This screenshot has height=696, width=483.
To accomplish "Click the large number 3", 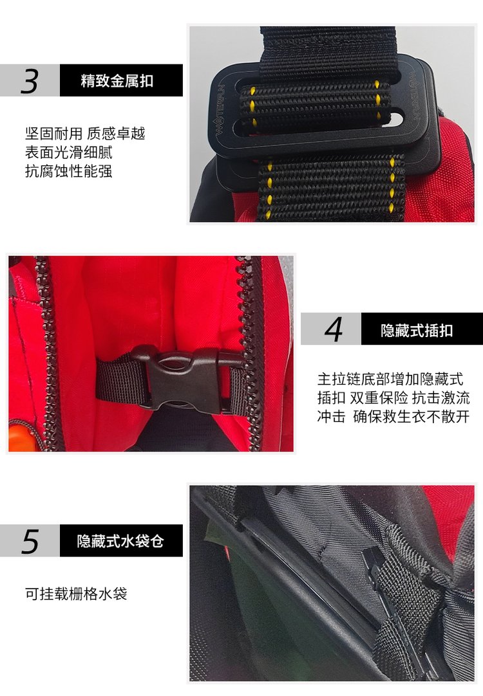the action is click(30, 81).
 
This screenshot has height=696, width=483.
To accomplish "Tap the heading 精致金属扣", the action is click(117, 81).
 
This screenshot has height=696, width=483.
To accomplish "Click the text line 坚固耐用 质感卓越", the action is click(85, 133).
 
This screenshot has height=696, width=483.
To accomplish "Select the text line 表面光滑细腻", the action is click(69, 152).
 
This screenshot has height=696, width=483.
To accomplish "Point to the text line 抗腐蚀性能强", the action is click(69, 171).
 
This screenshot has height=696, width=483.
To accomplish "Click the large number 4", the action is click(334, 329).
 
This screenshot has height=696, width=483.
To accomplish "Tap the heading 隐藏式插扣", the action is click(417, 330).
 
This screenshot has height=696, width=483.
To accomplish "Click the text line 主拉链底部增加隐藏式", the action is click(390, 379).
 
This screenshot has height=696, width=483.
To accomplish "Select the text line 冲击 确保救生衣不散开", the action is click(393, 416).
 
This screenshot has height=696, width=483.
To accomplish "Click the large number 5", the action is click(30, 541).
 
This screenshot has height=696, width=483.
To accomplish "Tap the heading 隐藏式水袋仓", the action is click(120, 541).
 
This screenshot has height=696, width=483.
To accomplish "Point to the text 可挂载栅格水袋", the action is click(76, 594).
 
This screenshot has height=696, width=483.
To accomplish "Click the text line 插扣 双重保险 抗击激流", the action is click(393, 398).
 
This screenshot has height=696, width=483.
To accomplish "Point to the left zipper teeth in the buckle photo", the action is click(49, 353).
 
